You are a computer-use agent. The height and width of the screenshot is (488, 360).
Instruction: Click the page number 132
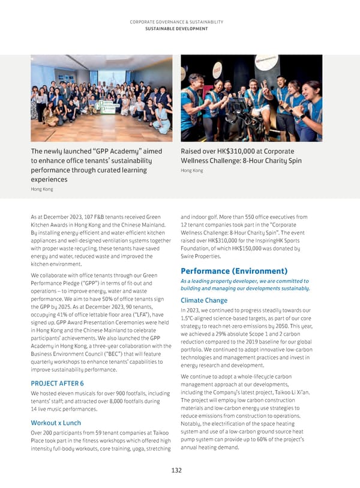point(176,471)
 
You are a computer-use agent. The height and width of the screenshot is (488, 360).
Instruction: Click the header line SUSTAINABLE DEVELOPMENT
point(180,28)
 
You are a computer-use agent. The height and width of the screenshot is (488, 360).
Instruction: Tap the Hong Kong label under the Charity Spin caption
point(191,170)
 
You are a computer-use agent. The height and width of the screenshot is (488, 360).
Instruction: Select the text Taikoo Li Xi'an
point(287,393)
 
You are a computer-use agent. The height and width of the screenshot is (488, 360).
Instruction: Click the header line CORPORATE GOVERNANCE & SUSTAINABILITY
point(180,22)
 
